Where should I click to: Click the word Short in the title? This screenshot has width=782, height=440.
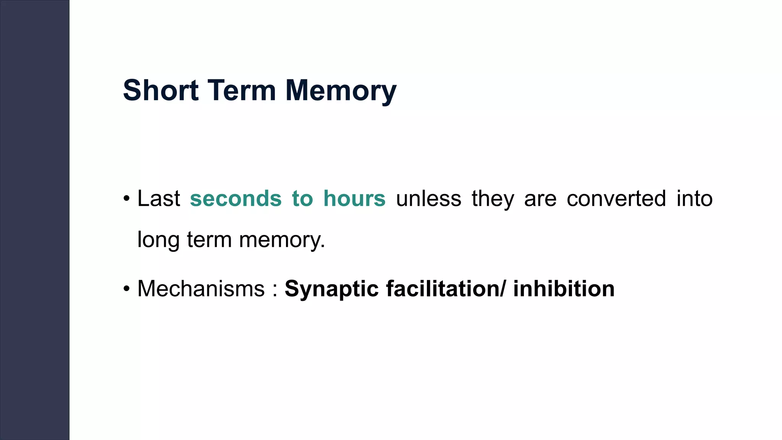coord(160,91)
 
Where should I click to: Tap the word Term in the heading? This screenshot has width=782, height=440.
coord(241,91)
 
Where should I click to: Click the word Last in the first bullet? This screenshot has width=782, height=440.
coord(158,199)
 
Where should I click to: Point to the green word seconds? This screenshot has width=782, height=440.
coord(236,199)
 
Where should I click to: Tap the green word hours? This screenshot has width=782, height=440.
coord(354,199)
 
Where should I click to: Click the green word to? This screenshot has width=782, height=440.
coord(302,199)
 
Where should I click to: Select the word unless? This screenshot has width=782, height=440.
coord(428,199)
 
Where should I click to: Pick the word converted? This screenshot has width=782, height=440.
coord(616,199)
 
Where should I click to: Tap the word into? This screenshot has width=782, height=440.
coord(695,199)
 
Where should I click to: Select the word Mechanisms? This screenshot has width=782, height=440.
coord(201,289)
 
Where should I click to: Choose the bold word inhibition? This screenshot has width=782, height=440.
coord(564,289)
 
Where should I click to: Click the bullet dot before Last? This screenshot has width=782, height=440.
coord(127,199)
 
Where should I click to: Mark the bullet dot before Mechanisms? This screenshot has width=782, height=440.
coord(127,289)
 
